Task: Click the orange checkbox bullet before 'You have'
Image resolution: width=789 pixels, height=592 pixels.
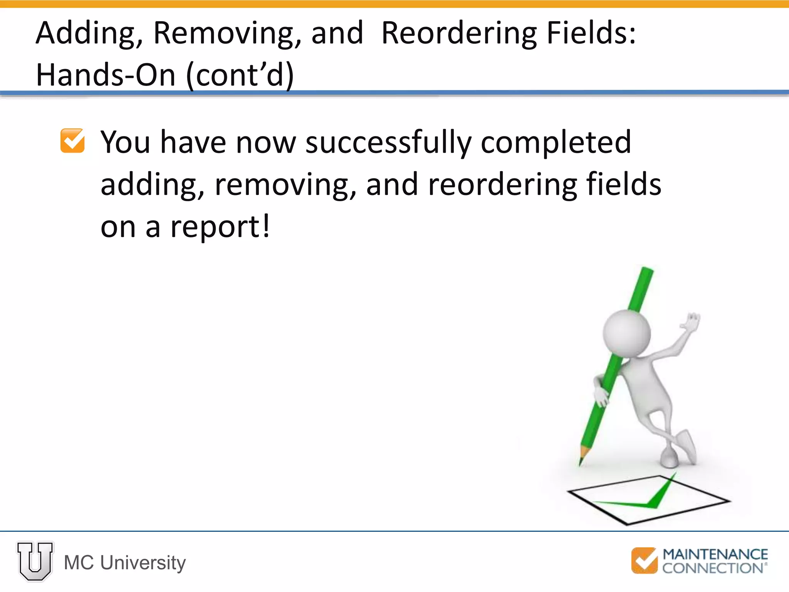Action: click(x=72, y=141)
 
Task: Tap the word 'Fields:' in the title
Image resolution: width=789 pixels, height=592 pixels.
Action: click(x=591, y=34)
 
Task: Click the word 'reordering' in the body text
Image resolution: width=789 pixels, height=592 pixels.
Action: click(x=502, y=185)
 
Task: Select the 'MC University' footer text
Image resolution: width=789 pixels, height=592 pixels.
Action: click(x=125, y=563)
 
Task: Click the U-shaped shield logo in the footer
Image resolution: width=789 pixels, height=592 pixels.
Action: click(x=35, y=561)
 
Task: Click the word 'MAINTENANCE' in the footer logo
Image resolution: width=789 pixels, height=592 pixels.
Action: click(x=715, y=555)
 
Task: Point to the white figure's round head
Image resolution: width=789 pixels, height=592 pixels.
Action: click(x=627, y=332)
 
